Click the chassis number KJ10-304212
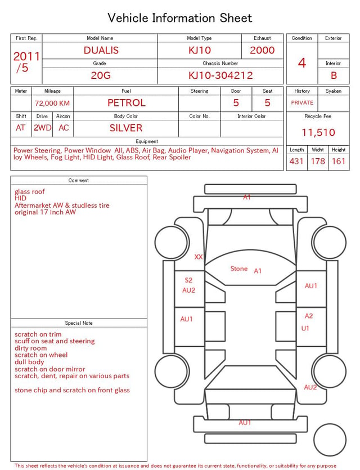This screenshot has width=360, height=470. (220, 75)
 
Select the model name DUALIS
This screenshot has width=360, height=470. (101, 50)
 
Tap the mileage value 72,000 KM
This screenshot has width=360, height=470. (52, 104)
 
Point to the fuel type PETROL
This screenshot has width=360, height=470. (127, 103)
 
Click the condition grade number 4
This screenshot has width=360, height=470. (302, 63)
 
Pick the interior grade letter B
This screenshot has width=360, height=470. (334, 75)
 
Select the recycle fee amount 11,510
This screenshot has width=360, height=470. (318, 132)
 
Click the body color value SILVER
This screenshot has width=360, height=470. (126, 128)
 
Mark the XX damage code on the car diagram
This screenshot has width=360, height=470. (198, 257)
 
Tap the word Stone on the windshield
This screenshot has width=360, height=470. (238, 268)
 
